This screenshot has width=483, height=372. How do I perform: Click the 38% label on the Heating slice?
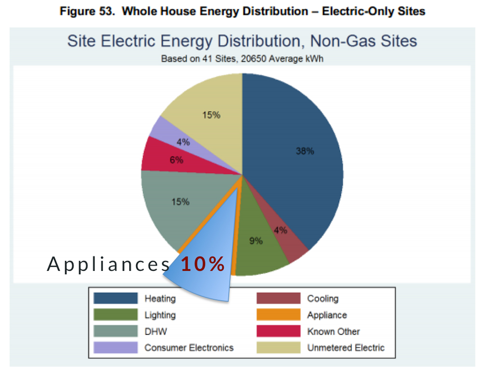pos(305,151)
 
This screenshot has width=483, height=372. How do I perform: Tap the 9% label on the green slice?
pos(256,240)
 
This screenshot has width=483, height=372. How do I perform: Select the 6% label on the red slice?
pos(176,160)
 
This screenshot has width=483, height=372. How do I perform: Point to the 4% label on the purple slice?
pos(183,143)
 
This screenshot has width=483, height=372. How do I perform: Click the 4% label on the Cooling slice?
pos(280,231)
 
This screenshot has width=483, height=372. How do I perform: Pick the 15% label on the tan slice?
pos(211,115)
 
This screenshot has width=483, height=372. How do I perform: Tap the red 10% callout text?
pos(203,264)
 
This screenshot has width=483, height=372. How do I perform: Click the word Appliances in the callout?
pos(109,264)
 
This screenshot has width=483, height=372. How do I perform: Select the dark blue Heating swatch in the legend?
pos(116,298)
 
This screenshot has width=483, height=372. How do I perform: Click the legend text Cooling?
pos(323,298)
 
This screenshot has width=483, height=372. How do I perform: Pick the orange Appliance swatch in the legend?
pos(278,315)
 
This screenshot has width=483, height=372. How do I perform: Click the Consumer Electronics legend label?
pos(189,348)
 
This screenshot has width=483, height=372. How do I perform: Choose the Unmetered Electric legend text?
pos(346,348)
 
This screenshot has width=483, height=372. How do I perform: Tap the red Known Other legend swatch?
pos(278,331)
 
